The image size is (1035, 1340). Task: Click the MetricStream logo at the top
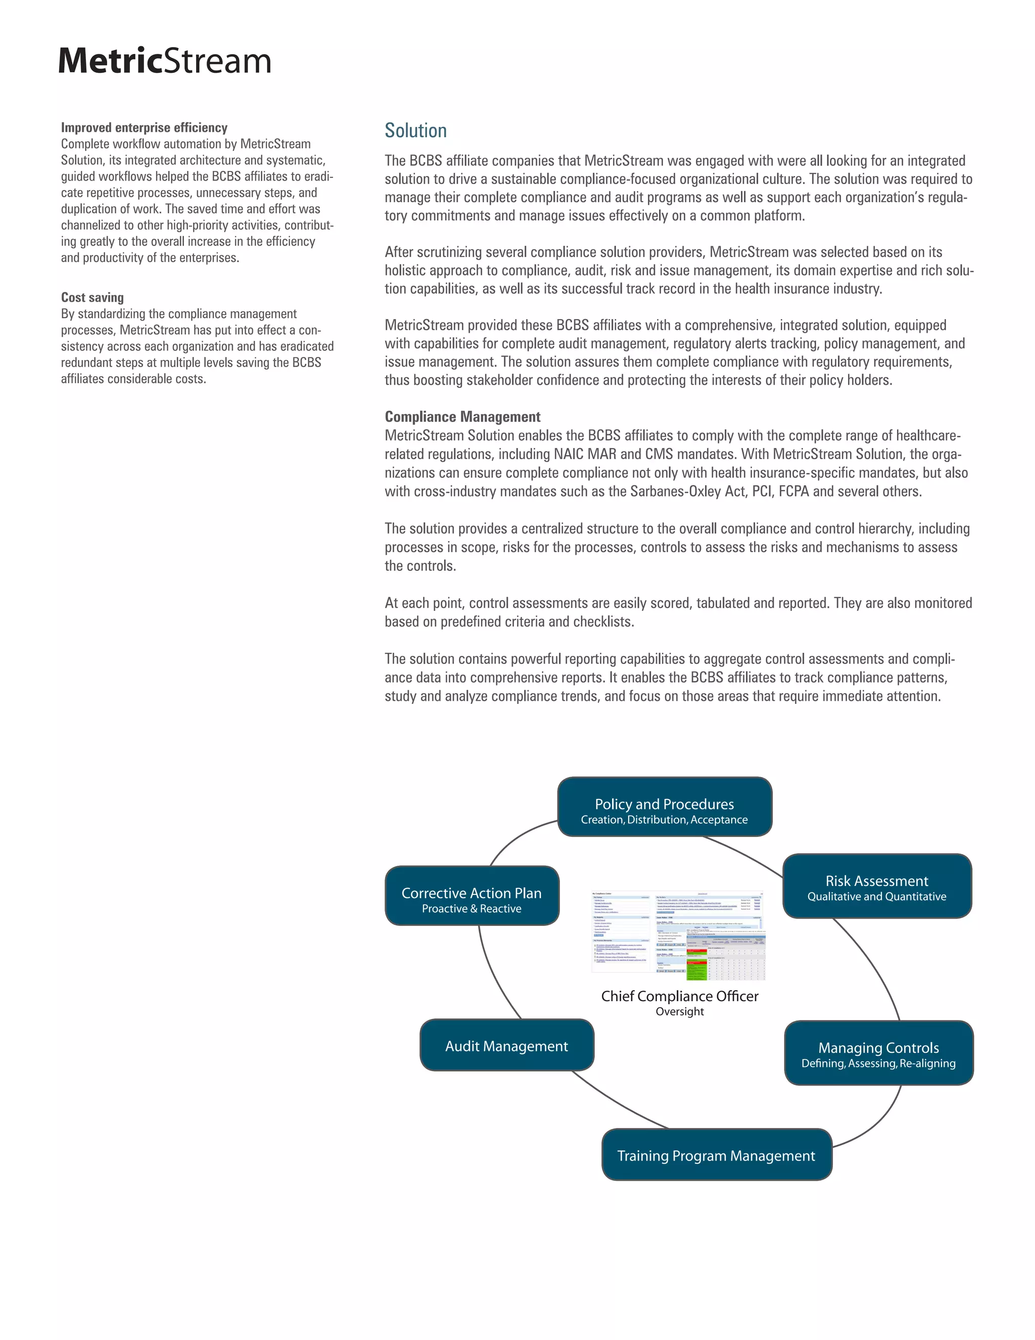pos(164,61)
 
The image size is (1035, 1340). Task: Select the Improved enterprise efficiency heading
pos(144,127)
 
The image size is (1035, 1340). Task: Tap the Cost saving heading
pos(92,297)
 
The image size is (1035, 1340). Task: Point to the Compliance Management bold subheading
pos(462,417)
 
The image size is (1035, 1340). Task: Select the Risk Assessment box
pos(876,886)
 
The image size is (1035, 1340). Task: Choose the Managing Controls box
pos(878,1053)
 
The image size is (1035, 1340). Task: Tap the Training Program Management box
pos(716,1155)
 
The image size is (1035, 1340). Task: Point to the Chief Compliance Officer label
pos(679,996)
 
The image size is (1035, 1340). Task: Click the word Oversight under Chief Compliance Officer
pos(679,1012)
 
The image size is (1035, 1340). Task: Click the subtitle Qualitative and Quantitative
pos(876,897)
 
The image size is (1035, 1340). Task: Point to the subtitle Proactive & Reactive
pos(472,909)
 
